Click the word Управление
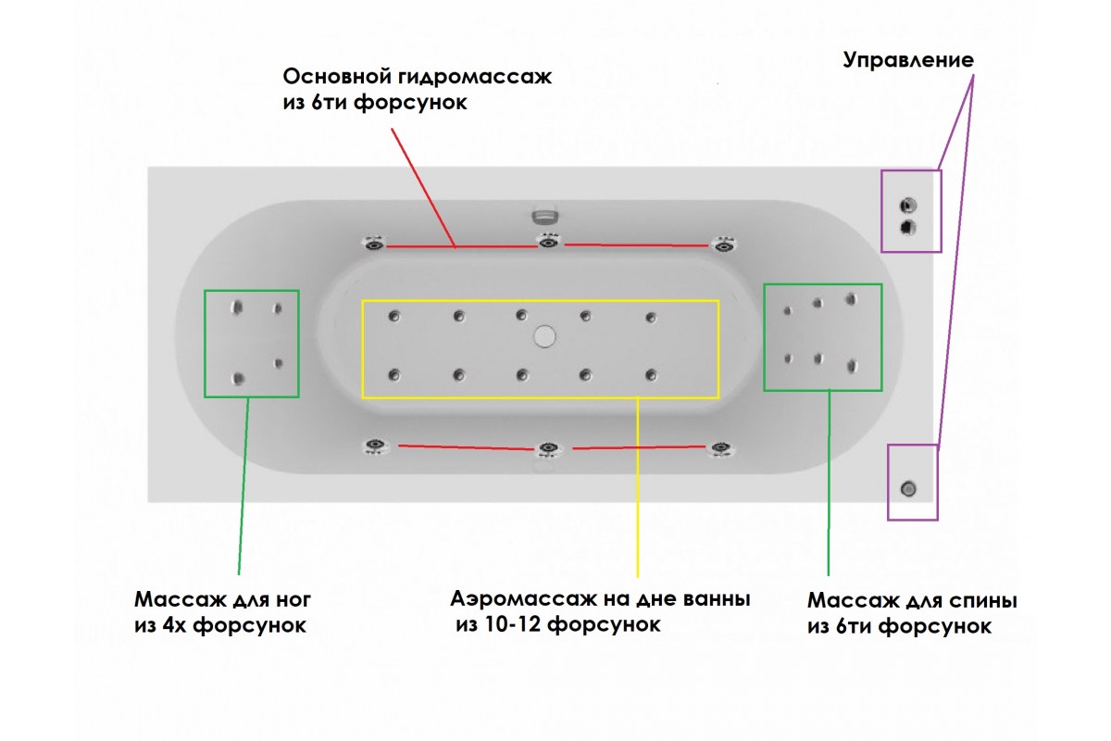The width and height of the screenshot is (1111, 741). (x=907, y=61)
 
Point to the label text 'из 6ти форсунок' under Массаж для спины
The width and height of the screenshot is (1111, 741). (x=899, y=627)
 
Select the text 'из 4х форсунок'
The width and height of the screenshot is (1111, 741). (x=219, y=625)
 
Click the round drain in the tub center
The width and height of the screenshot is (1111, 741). (x=543, y=335)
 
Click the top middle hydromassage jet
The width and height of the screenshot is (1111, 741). (x=548, y=243)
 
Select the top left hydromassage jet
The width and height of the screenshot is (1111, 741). (x=374, y=244)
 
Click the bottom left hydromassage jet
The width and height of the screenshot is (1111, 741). (x=374, y=446)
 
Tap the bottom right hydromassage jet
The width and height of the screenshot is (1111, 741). (x=719, y=448)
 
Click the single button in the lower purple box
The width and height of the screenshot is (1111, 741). (x=909, y=488)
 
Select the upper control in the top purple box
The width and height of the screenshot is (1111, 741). (x=908, y=206)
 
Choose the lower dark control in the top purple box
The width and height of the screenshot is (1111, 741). (x=908, y=227)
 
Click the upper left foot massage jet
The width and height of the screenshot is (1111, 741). (x=238, y=307)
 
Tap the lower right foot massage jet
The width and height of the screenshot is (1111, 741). (x=278, y=363)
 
